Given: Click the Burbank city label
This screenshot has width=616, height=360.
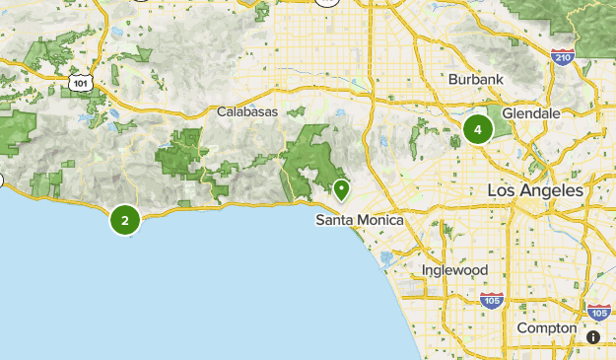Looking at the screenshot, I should [476, 79].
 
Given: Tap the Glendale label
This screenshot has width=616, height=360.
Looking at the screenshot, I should [530, 113].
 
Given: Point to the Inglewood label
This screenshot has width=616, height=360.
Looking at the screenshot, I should [454, 269].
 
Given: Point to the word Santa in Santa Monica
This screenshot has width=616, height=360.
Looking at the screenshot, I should [334, 220].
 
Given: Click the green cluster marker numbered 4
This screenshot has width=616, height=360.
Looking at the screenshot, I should [478, 129].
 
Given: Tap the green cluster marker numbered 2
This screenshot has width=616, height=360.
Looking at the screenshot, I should [125, 219].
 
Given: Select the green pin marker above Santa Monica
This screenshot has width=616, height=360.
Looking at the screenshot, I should [341, 188].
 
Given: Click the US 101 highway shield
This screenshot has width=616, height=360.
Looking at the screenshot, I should [82, 84].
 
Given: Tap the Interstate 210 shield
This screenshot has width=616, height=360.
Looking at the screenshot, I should [563, 57].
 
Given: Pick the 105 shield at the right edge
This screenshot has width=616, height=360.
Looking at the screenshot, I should [597, 312].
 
